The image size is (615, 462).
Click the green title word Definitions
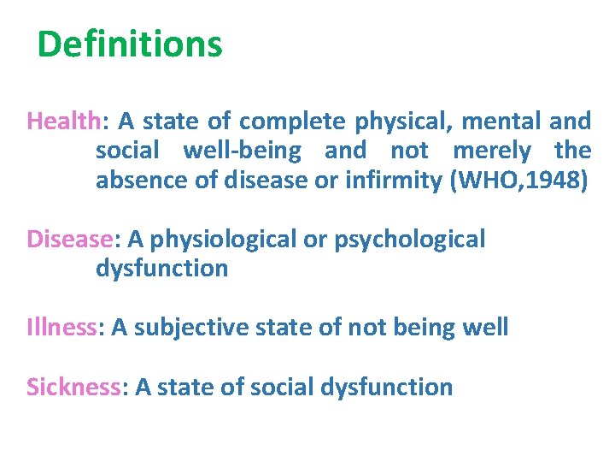click(x=130, y=44)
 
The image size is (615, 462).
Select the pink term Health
click(x=63, y=120)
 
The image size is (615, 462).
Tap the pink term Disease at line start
click(x=68, y=239)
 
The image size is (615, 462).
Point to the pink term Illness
click(x=62, y=327)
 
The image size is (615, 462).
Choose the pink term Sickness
click(x=73, y=387)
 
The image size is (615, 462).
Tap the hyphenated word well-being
click(x=242, y=151)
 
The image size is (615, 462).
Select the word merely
click(x=492, y=151)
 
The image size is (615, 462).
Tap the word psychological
click(x=409, y=239)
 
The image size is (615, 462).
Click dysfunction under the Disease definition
click(x=161, y=269)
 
